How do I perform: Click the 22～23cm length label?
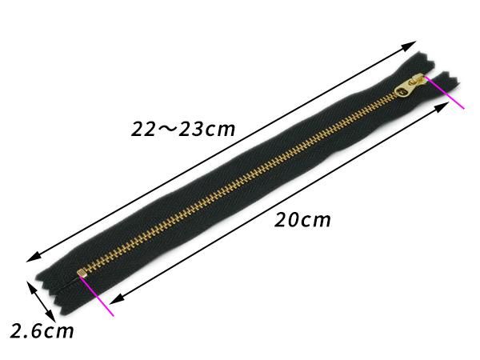(x=183, y=129)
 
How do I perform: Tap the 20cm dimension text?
(x=302, y=220)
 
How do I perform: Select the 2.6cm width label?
(x=42, y=331)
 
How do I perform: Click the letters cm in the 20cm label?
(x=315, y=221)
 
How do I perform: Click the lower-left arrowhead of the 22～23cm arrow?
(x=34, y=257)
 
